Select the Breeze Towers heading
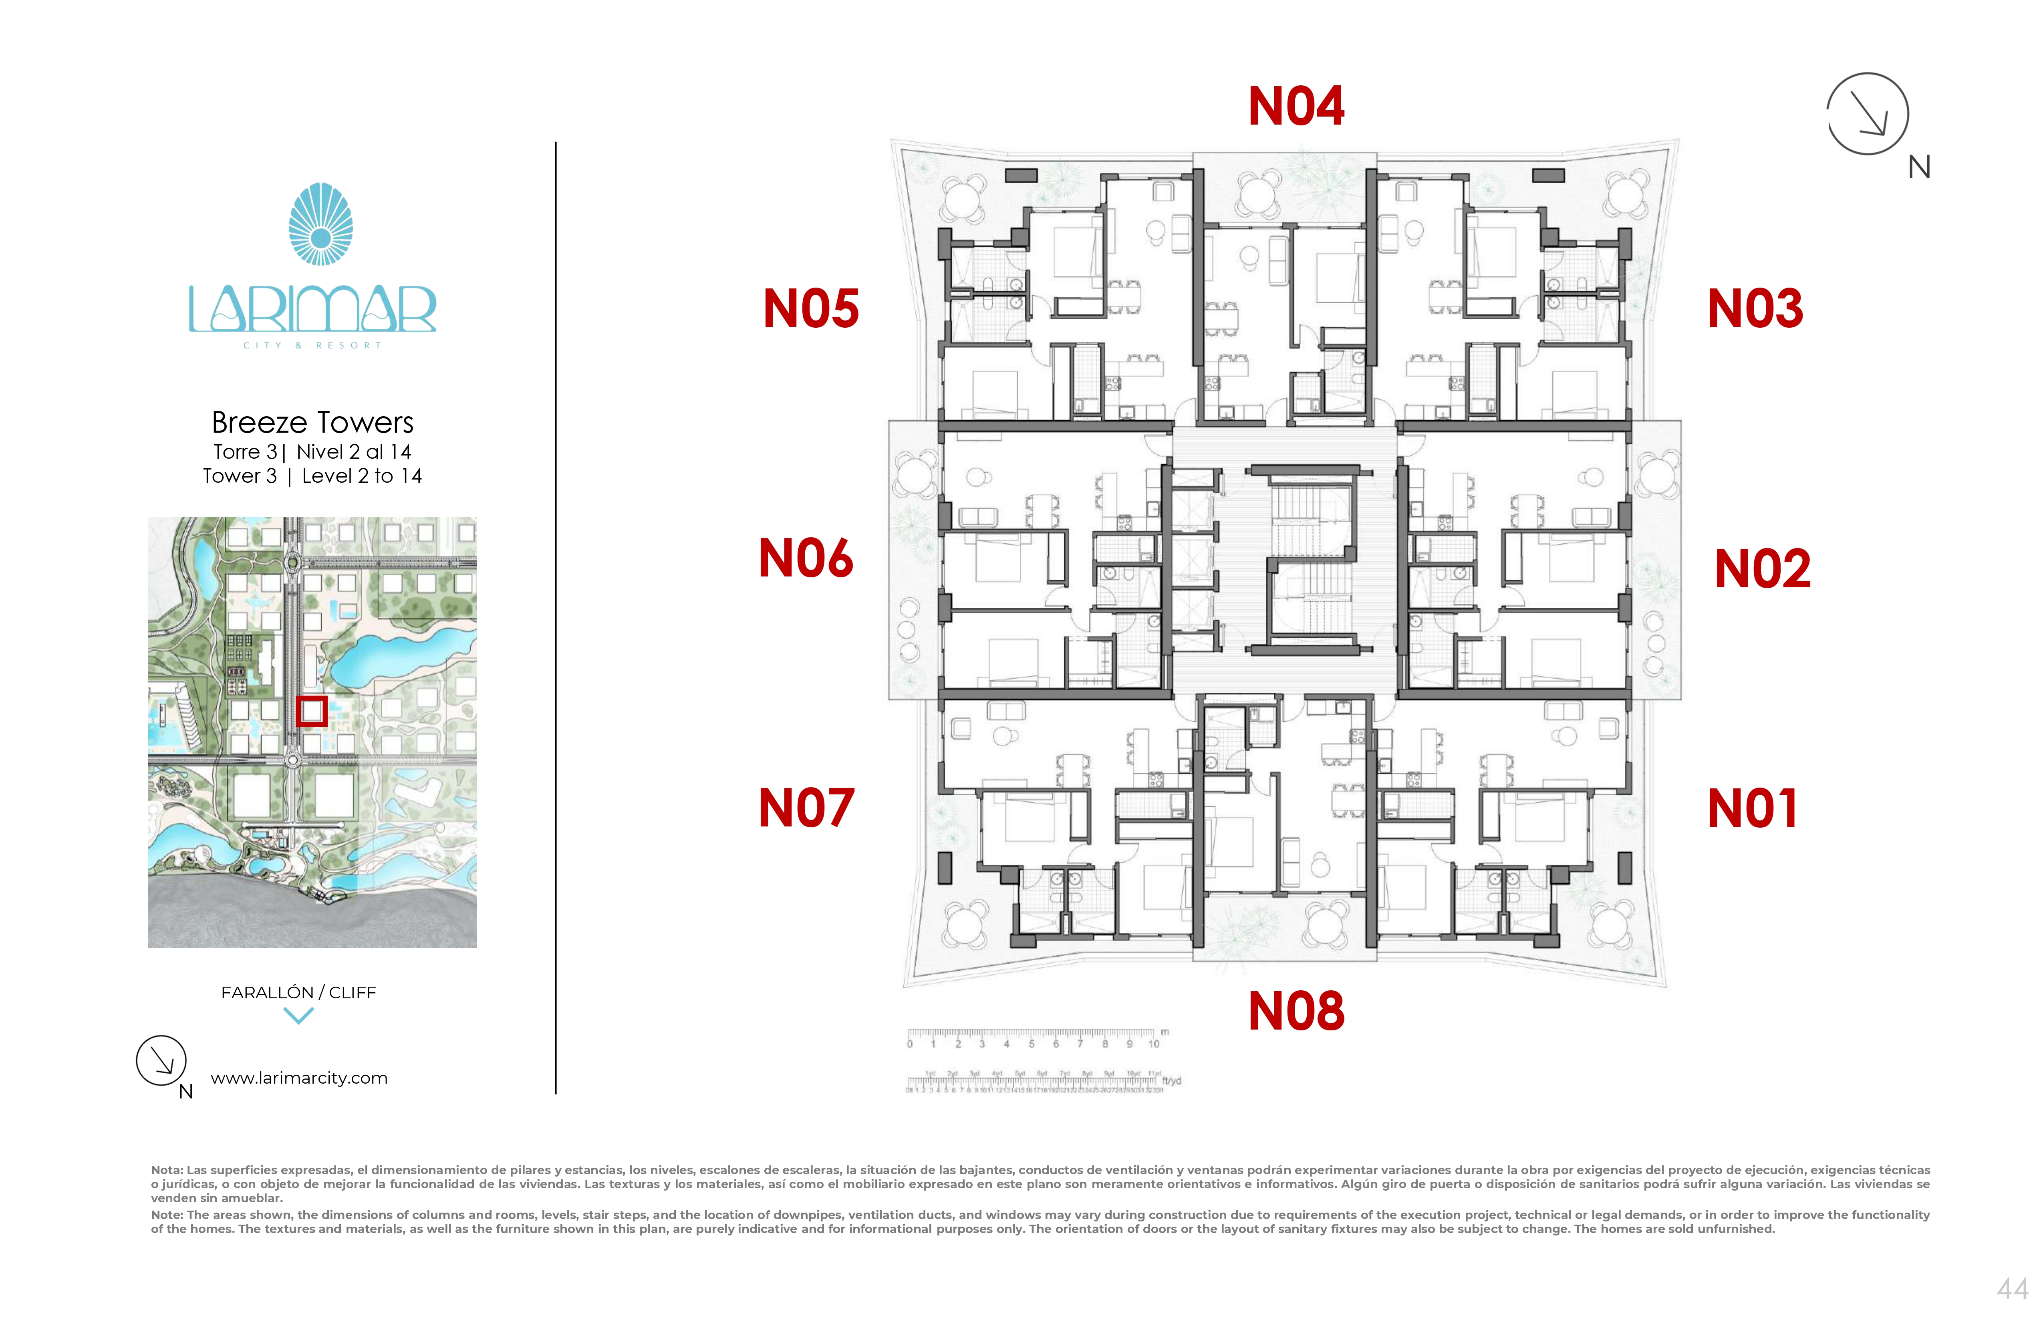pos(312,422)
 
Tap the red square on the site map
pos(312,711)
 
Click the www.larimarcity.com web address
pos(299,1078)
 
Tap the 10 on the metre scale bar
pos(1154,1044)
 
